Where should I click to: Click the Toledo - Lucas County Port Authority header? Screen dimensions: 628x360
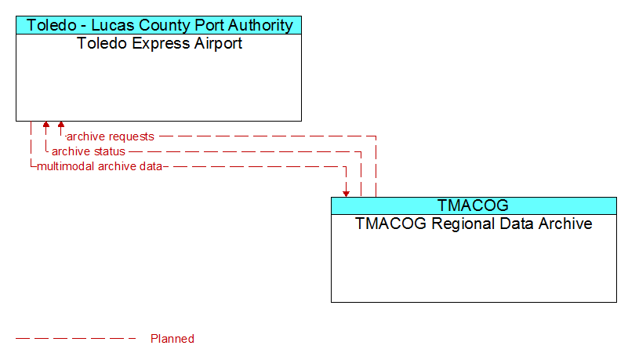(158, 25)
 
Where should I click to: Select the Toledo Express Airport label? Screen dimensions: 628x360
(159, 43)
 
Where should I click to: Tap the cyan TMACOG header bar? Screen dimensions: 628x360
(474, 205)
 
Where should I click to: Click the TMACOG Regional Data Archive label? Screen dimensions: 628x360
(474, 224)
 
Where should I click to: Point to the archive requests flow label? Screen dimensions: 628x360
(110, 136)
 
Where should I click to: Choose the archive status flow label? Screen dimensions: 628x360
(88, 151)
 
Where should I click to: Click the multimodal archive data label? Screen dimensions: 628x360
(100, 166)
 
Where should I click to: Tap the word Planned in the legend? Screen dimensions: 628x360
(172, 339)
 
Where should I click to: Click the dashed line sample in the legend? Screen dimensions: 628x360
(76, 339)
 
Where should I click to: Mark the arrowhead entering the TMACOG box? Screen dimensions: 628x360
(346, 194)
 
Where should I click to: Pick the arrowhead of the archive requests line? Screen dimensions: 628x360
(61, 125)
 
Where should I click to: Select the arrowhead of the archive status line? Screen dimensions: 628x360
(46, 125)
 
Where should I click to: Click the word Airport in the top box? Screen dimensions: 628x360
(218, 44)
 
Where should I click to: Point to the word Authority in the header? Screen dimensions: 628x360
(260, 25)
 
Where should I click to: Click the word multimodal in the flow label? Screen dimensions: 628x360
(66, 166)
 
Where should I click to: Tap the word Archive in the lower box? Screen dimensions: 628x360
(565, 224)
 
